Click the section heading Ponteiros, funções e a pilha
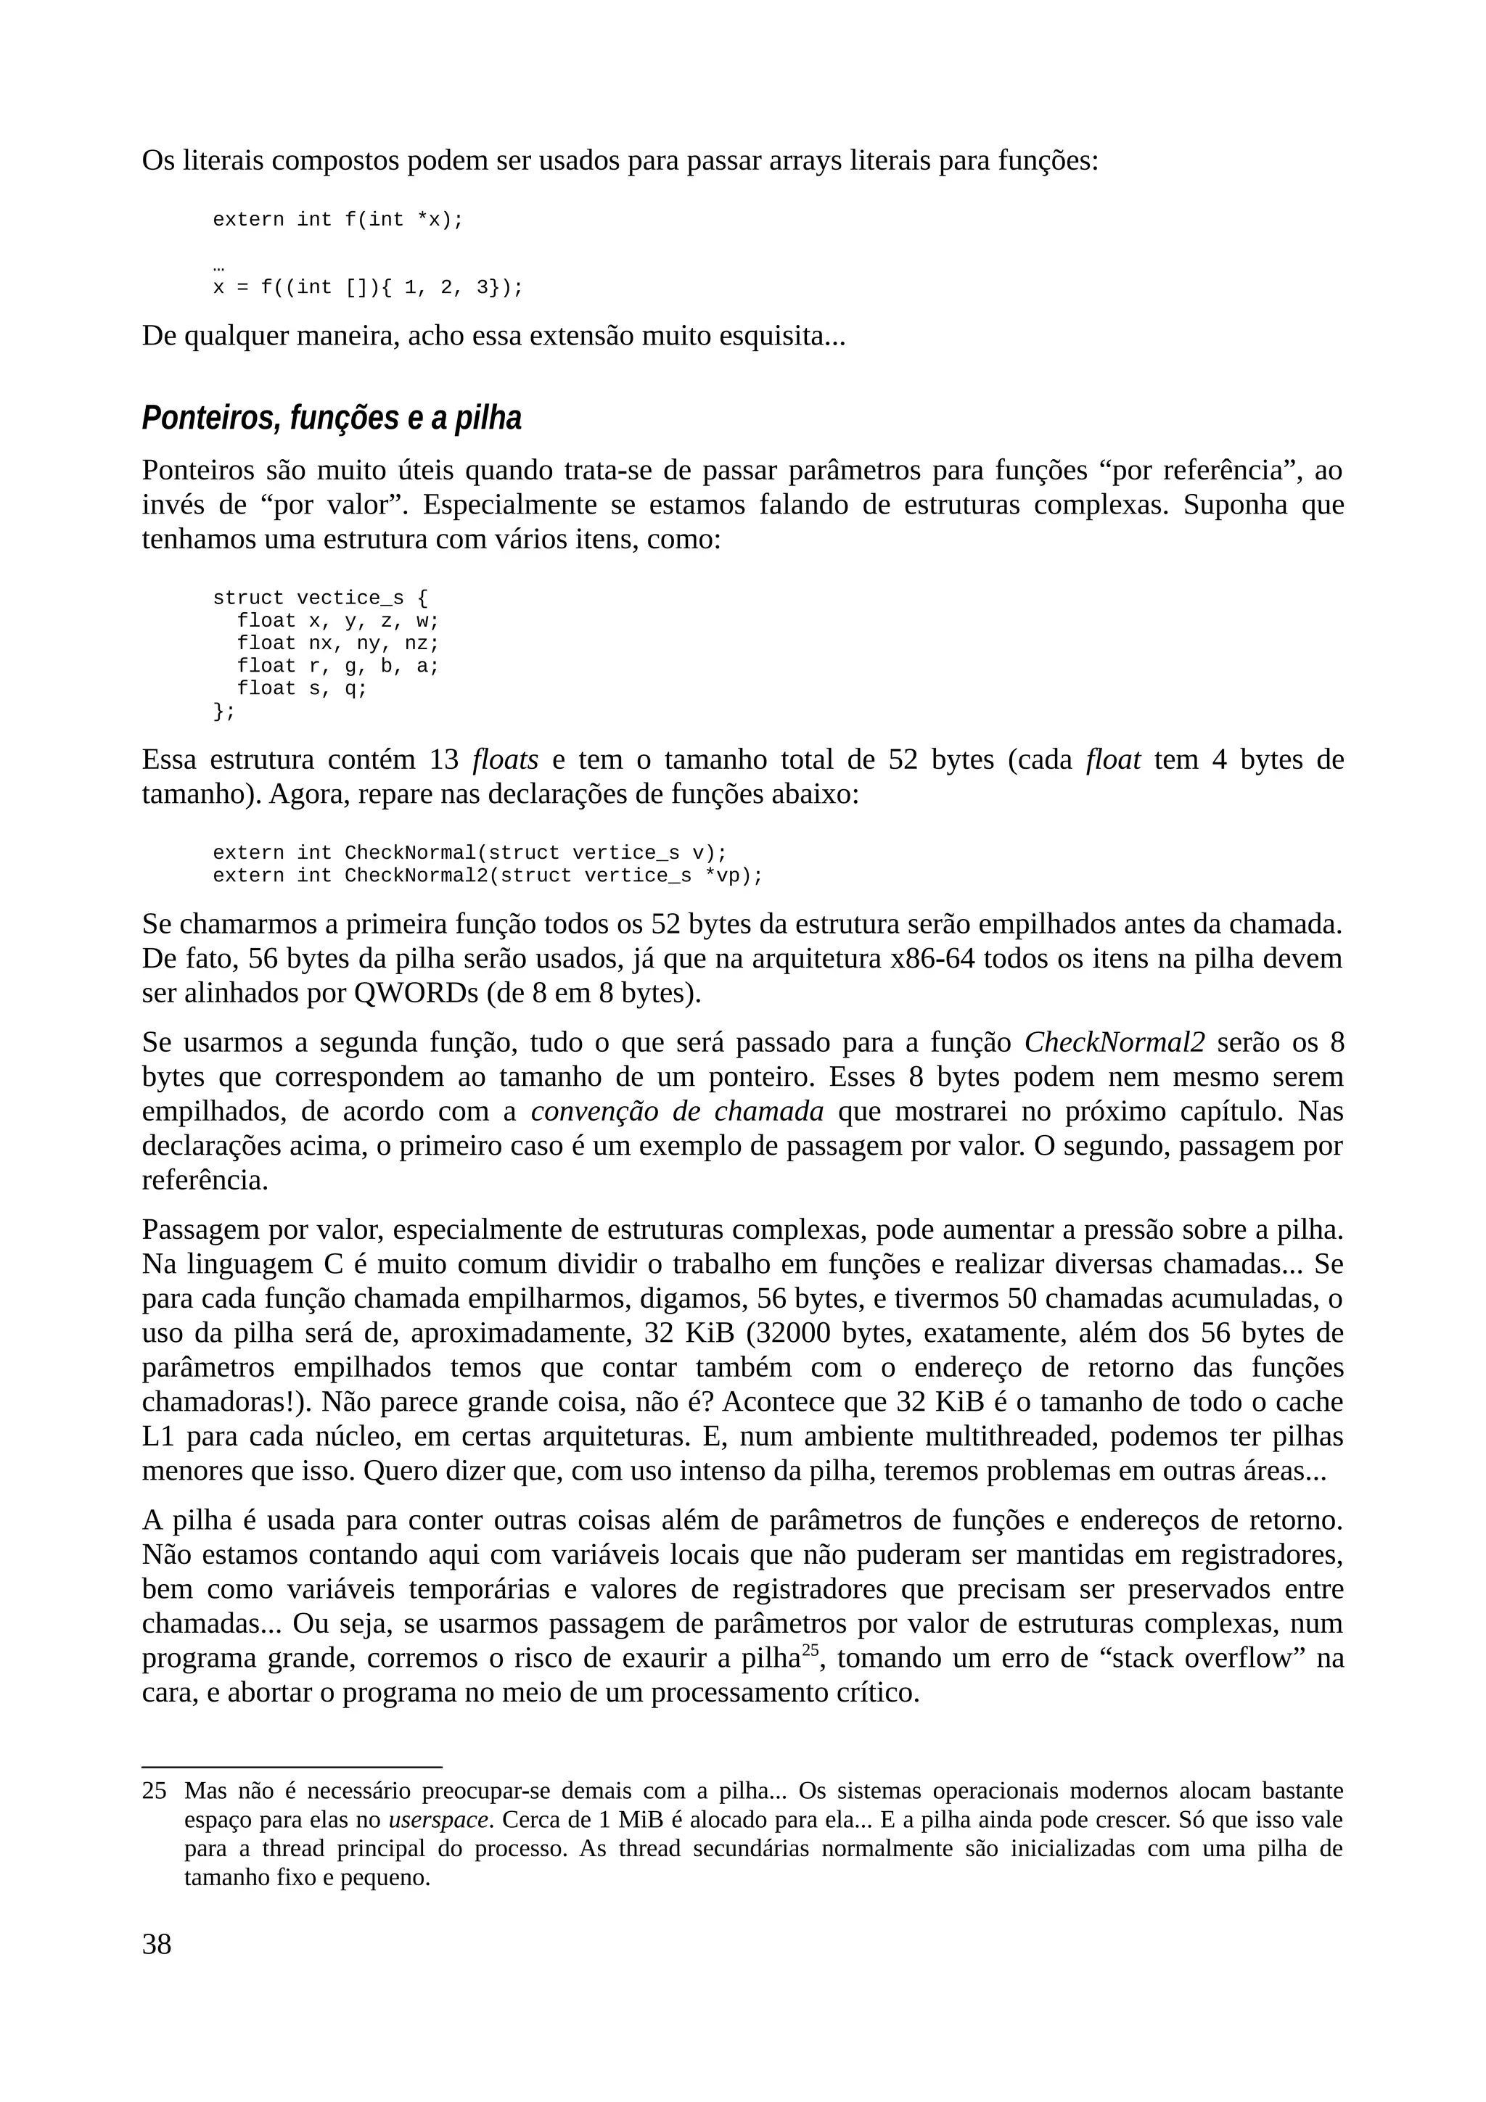click(x=332, y=419)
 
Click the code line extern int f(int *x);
click(x=338, y=220)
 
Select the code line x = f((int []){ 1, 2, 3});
click(x=367, y=287)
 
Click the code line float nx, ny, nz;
click(x=338, y=643)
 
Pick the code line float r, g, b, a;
click(x=338, y=666)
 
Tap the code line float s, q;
click(x=301, y=688)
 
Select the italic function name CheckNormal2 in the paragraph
click(x=1114, y=1043)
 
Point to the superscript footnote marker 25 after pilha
click(x=809, y=1649)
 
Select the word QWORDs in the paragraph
click(x=408, y=993)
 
